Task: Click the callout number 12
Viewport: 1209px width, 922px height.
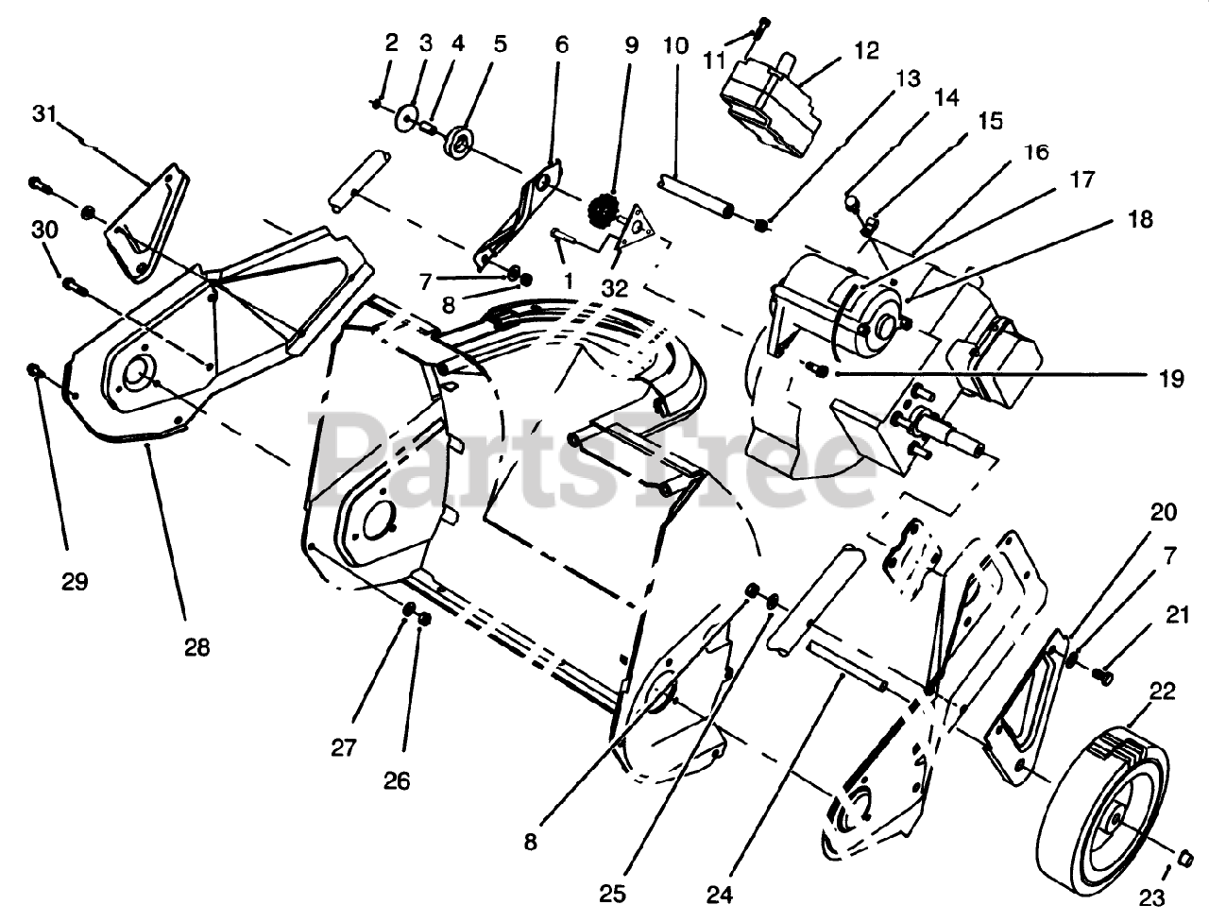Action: point(865,50)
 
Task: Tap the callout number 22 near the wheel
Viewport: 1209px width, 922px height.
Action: point(1163,691)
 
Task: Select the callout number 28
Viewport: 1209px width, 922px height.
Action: point(197,647)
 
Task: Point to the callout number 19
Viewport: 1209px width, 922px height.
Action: point(1170,379)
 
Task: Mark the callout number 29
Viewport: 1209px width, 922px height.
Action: point(75,582)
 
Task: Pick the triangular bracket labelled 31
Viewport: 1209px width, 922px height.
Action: point(147,223)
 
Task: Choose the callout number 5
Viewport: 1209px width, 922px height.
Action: point(500,43)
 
